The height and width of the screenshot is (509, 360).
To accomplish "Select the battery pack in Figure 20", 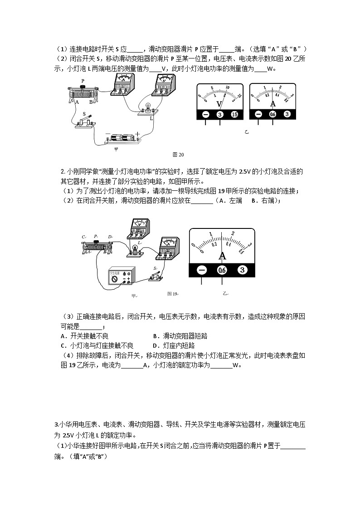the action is (x=121, y=137).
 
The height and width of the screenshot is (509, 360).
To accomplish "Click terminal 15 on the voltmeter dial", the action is (x=234, y=115).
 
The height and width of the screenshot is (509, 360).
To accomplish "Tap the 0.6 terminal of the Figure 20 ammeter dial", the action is (x=272, y=115).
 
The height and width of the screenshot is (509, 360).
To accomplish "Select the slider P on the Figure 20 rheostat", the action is (x=83, y=86).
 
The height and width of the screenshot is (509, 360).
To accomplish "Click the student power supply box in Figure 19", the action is (x=121, y=276).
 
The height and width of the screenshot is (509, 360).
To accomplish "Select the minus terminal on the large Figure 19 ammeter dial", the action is (x=202, y=270).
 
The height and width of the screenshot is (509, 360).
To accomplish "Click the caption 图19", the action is (x=173, y=293).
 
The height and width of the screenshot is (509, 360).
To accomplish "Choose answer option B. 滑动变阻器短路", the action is (x=180, y=336).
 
